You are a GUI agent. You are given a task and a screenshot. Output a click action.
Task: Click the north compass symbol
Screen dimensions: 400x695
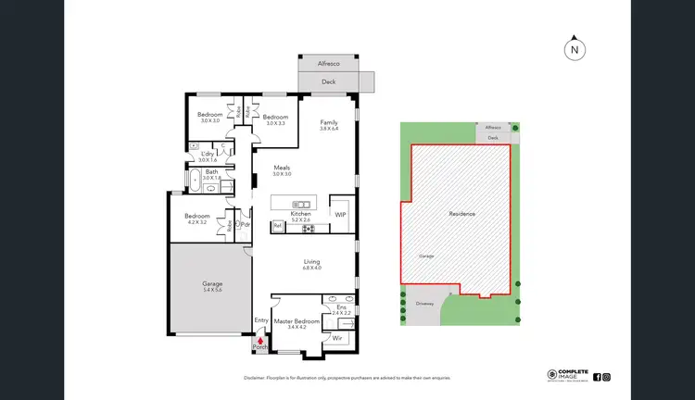click(575, 50)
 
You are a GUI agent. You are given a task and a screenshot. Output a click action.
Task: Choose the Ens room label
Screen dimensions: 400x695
click(341, 307)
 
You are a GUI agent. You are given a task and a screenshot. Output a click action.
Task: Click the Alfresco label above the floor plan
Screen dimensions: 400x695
click(327, 65)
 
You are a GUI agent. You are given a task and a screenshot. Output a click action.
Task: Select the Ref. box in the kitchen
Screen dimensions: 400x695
click(277, 225)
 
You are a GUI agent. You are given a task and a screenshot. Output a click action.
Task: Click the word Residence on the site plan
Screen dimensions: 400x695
click(462, 214)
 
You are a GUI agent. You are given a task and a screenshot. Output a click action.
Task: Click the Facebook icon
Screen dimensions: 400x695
click(596, 377)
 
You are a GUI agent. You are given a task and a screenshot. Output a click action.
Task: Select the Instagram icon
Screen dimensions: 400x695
click(606, 377)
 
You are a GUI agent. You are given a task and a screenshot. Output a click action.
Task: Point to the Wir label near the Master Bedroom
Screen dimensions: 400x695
click(337, 339)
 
